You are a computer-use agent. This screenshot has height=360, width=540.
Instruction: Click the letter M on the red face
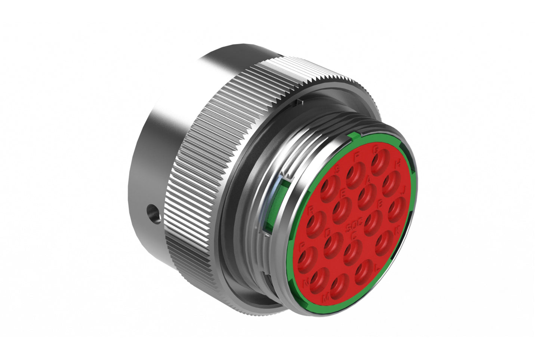click(x=326, y=298)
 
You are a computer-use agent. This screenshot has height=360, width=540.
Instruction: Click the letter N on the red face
click(x=306, y=284)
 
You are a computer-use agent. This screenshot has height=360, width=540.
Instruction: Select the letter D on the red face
click(x=328, y=232)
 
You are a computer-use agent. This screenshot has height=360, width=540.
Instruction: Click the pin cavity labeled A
click(x=366, y=196)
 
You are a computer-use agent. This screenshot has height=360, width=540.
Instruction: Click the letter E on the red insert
click(x=343, y=194)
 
